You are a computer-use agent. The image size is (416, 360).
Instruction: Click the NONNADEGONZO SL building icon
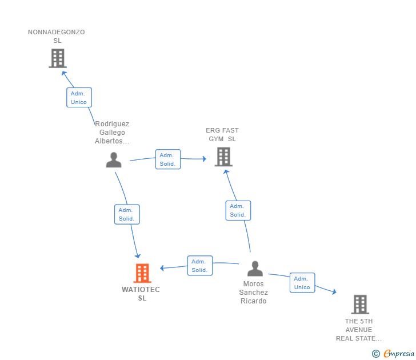57,58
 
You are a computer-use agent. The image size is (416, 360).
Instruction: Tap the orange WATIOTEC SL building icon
142,273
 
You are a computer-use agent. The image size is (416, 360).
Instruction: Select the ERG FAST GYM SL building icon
223,157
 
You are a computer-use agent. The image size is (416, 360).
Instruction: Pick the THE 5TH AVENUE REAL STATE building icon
359,305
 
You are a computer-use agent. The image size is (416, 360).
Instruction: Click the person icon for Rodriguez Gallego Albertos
114,160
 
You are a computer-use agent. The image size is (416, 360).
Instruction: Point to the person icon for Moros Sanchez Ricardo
255,269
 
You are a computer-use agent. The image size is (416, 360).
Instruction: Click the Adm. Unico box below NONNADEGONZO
79,98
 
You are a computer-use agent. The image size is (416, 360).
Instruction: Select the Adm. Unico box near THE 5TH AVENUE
302,283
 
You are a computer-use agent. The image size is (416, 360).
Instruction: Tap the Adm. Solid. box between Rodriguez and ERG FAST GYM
168,159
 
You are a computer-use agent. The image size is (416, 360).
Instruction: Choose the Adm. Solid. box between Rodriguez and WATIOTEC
127,214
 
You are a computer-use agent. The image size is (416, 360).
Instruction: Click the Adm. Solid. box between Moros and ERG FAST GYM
238,210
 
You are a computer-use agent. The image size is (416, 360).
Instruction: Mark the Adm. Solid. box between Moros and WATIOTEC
200,266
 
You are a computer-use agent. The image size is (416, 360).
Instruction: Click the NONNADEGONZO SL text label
57,37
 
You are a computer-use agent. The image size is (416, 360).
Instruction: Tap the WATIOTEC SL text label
141,294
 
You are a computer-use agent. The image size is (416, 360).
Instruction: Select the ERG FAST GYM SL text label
222,135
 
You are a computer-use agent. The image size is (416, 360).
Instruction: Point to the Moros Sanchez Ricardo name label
254,293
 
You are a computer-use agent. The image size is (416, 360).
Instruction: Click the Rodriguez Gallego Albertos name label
112,133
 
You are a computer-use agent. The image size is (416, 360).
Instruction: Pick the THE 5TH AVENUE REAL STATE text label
359,330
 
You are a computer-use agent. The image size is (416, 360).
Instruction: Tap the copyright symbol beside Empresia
376,354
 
